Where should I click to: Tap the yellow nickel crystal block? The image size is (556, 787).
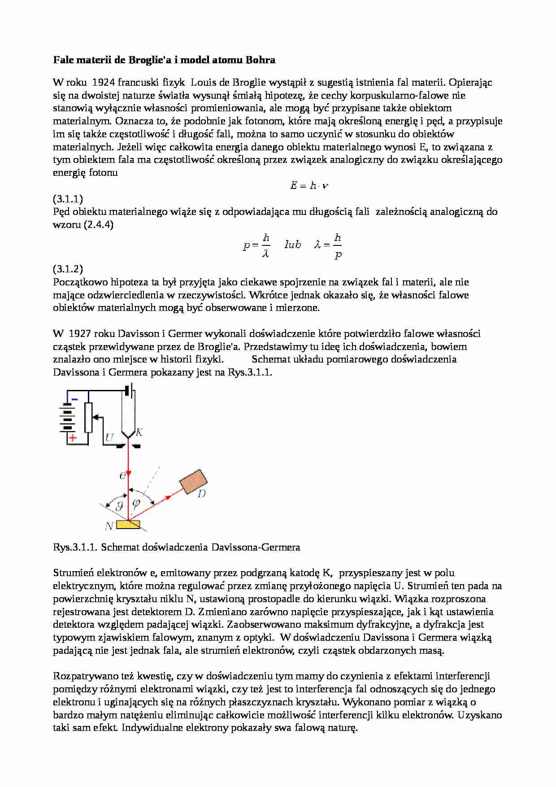[128, 524]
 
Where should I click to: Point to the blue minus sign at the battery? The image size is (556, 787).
[74, 399]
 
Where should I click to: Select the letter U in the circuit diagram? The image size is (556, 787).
[109, 437]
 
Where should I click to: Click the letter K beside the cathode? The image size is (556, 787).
[139, 432]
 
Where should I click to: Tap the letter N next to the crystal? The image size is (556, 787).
[108, 525]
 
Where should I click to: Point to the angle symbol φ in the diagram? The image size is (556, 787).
[137, 503]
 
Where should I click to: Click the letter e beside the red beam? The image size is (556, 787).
[122, 475]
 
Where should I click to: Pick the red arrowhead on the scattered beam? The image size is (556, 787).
[168, 497]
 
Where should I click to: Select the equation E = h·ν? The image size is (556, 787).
[309, 185]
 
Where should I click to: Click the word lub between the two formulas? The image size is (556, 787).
[292, 245]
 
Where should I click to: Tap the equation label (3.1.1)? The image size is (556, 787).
[68, 199]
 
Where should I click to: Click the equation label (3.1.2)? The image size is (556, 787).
[68, 269]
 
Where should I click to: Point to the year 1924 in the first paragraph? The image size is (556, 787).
[103, 82]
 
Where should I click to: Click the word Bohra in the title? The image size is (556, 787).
[261, 60]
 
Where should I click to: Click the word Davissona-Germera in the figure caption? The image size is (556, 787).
[255, 547]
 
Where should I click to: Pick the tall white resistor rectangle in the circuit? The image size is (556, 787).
[88, 417]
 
